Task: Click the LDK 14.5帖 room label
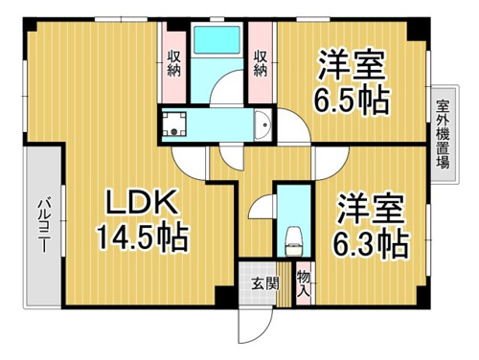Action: click(143, 220)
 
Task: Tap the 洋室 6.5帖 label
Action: click(352, 82)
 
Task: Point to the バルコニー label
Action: click(44, 225)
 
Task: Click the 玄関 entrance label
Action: click(264, 283)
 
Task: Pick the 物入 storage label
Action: click(304, 282)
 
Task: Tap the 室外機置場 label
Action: click(443, 134)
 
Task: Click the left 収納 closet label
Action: click(174, 64)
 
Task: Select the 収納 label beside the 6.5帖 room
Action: click(260, 64)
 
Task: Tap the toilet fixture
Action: click(293, 241)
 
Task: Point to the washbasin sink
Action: click(262, 124)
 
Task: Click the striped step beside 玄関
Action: click(284, 284)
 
